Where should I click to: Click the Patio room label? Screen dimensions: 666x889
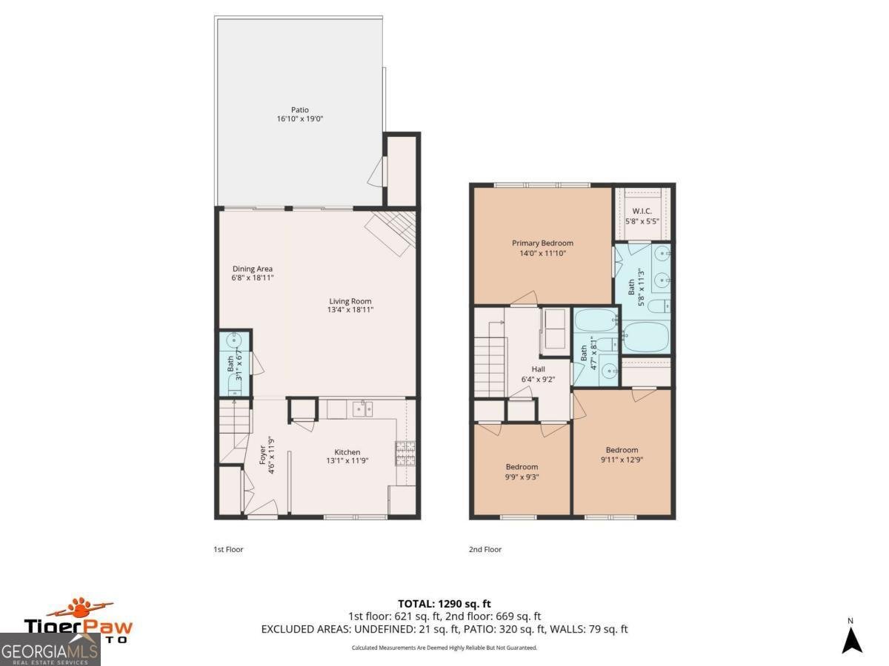[x=299, y=110]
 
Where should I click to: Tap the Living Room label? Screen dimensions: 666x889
[x=350, y=301]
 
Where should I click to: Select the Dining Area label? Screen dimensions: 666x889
[x=253, y=269]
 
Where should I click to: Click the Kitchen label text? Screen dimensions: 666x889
[x=347, y=452]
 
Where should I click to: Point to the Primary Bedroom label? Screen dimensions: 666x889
[x=542, y=243]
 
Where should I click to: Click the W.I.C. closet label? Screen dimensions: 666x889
[x=642, y=211]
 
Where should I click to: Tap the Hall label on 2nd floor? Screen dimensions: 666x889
[x=538, y=369]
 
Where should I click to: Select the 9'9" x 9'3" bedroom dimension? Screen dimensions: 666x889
[x=522, y=477]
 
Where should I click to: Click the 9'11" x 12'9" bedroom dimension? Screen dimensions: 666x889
[x=622, y=460]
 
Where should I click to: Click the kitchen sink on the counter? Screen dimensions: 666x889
[x=362, y=408]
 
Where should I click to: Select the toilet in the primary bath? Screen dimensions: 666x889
[x=658, y=306]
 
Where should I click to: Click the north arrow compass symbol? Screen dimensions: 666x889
[x=851, y=640]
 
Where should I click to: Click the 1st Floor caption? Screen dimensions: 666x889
[x=228, y=550]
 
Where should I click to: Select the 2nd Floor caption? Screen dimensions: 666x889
[x=485, y=550]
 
